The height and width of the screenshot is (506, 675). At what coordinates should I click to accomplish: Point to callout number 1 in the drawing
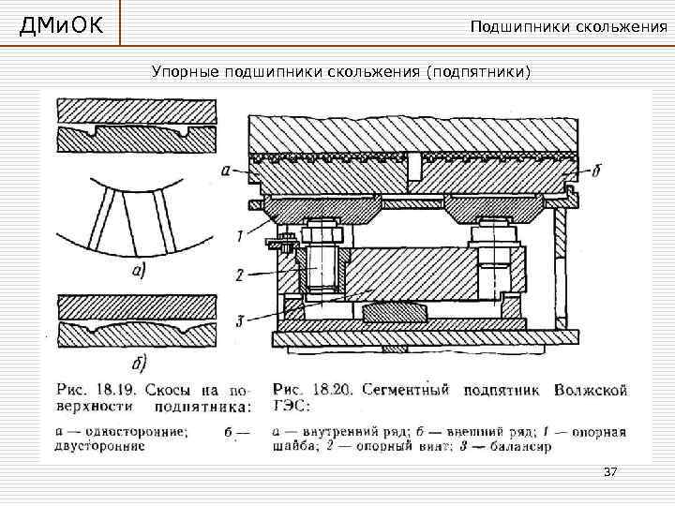[240, 235]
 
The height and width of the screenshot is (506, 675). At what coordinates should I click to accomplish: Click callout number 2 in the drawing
[240, 275]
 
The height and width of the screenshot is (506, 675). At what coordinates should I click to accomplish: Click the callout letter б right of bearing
[597, 171]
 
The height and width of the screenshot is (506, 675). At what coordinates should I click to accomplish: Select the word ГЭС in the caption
[287, 407]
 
